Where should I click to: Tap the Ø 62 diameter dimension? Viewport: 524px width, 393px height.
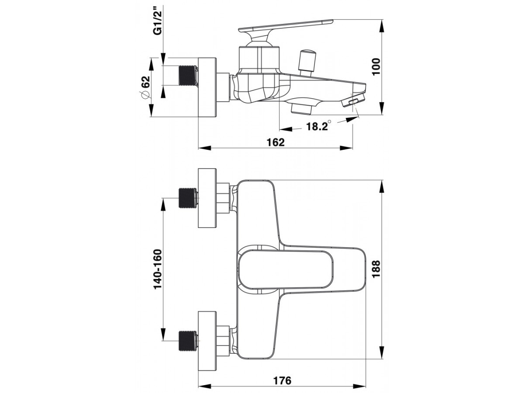(145, 87)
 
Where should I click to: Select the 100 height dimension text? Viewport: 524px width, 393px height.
(376, 66)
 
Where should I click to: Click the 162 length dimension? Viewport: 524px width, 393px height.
(276, 142)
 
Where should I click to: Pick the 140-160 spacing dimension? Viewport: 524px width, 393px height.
(158, 269)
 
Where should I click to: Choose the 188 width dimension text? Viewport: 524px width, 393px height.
(376, 269)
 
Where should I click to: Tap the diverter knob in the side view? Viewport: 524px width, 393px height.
(307, 63)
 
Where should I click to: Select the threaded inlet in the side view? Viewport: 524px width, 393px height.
(188, 76)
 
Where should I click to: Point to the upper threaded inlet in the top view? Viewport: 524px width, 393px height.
(188, 198)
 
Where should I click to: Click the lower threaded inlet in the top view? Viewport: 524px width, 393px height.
(188, 341)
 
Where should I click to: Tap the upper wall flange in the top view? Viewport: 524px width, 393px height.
(207, 198)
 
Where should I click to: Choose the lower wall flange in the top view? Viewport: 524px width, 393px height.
(207, 341)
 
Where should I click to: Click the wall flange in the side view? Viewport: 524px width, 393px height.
(207, 87)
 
